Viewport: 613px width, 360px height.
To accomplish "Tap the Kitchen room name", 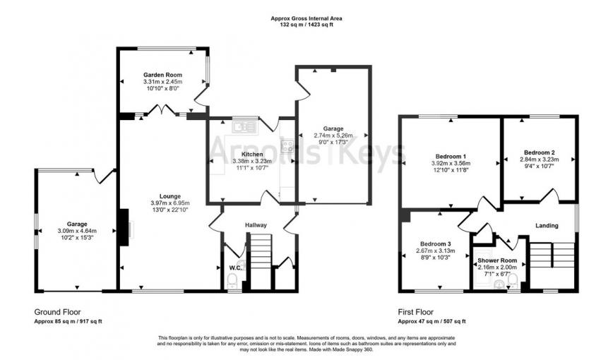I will coord(252,154).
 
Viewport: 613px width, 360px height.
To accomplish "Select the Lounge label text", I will coord(169,196).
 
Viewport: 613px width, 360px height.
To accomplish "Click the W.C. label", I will coord(235,268).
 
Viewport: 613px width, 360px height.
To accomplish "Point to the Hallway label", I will coord(256,225).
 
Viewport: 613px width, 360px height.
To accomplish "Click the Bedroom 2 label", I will coord(539,152).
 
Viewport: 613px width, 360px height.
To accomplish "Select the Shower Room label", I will coord(498,261).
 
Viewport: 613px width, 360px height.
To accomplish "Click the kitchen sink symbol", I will coord(244,127).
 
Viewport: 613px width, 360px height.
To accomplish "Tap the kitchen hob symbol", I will coord(287,147).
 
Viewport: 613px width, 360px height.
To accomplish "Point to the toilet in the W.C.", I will coord(232,283).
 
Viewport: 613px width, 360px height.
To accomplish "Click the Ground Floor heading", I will coord(57,311).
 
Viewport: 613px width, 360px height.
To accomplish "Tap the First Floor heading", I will coord(417,311).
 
